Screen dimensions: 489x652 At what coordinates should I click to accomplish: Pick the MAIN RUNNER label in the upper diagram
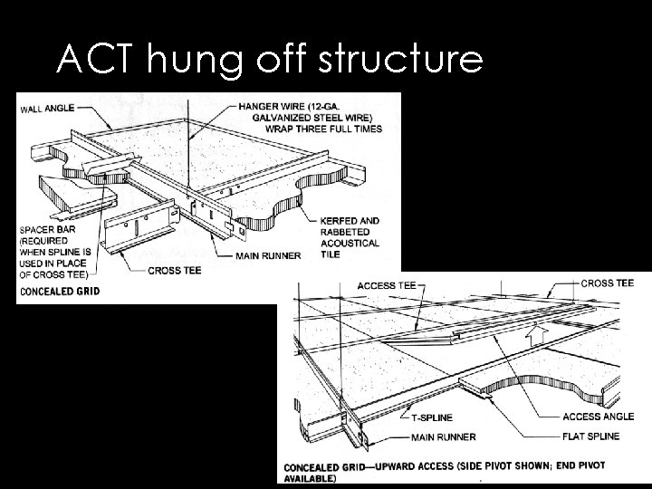coord(267,256)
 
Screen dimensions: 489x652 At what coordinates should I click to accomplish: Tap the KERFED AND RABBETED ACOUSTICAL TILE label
coord(350,236)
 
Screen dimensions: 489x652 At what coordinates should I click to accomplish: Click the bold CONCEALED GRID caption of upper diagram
coord(58,291)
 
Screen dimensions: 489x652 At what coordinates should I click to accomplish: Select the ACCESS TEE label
coord(387,286)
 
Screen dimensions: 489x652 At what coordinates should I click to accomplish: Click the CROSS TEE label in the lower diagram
coord(607,283)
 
